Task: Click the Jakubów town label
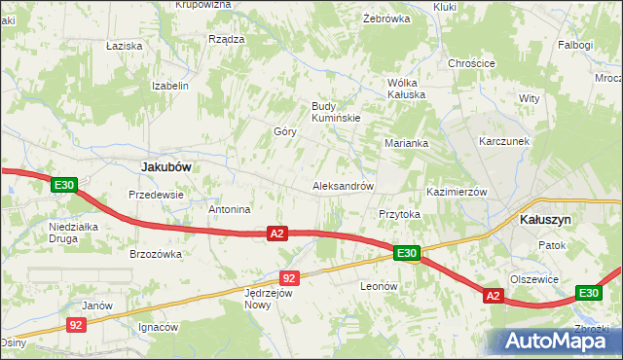165,166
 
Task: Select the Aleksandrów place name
342,185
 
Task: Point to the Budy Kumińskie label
336,112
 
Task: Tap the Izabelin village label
169,86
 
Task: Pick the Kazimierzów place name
457,192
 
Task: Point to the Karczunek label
504,141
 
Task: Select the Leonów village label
380,286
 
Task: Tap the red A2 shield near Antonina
278,234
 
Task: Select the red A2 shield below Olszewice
493,296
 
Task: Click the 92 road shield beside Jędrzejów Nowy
288,277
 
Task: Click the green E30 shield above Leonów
407,254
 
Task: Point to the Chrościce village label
472,63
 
